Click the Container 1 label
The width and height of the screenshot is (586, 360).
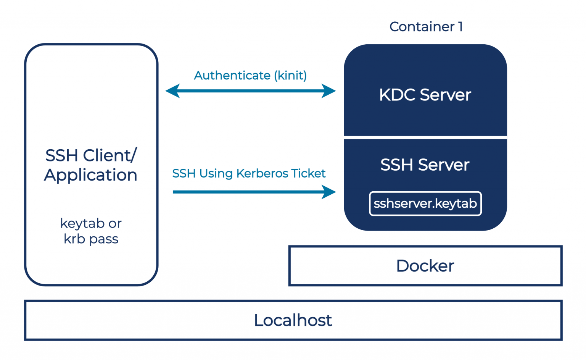pos(426,27)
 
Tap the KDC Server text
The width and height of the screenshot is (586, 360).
pos(425,95)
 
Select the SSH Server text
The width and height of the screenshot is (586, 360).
pos(425,165)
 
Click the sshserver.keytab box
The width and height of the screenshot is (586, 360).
pos(425,203)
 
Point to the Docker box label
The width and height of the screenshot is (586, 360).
pos(425,266)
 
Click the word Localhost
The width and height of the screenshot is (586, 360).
pos(293,320)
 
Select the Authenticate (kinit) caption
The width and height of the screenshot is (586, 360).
pos(250,76)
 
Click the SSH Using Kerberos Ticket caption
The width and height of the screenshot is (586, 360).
pos(249,173)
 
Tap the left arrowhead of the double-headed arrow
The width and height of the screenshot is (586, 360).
pos(173,91)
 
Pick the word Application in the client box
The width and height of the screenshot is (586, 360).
pos(91,175)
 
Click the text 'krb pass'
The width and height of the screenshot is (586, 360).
pos(91,239)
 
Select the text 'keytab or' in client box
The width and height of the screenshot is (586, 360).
pos(91,223)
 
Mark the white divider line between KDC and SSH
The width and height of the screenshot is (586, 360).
pos(425,137)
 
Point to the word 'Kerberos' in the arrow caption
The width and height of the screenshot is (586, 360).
pos(262,173)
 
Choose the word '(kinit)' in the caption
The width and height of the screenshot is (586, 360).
pos(290,76)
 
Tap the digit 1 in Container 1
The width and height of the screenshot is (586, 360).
pos(460,27)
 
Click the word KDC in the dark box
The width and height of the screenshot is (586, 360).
pos(397,95)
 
